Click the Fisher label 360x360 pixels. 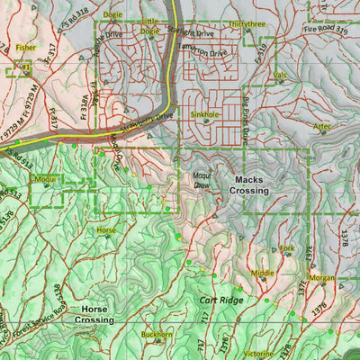tap(25, 47)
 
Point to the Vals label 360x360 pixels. tap(280, 75)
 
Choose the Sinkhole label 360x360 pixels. tap(204, 115)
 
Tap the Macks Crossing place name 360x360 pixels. tap(248, 184)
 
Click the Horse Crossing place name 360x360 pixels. tap(94, 314)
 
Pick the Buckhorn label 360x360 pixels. tap(157, 335)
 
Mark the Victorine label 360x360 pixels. tap(256, 354)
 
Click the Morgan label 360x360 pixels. tap(321, 277)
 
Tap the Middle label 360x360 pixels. tap(263, 273)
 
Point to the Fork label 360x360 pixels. tap(287, 247)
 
